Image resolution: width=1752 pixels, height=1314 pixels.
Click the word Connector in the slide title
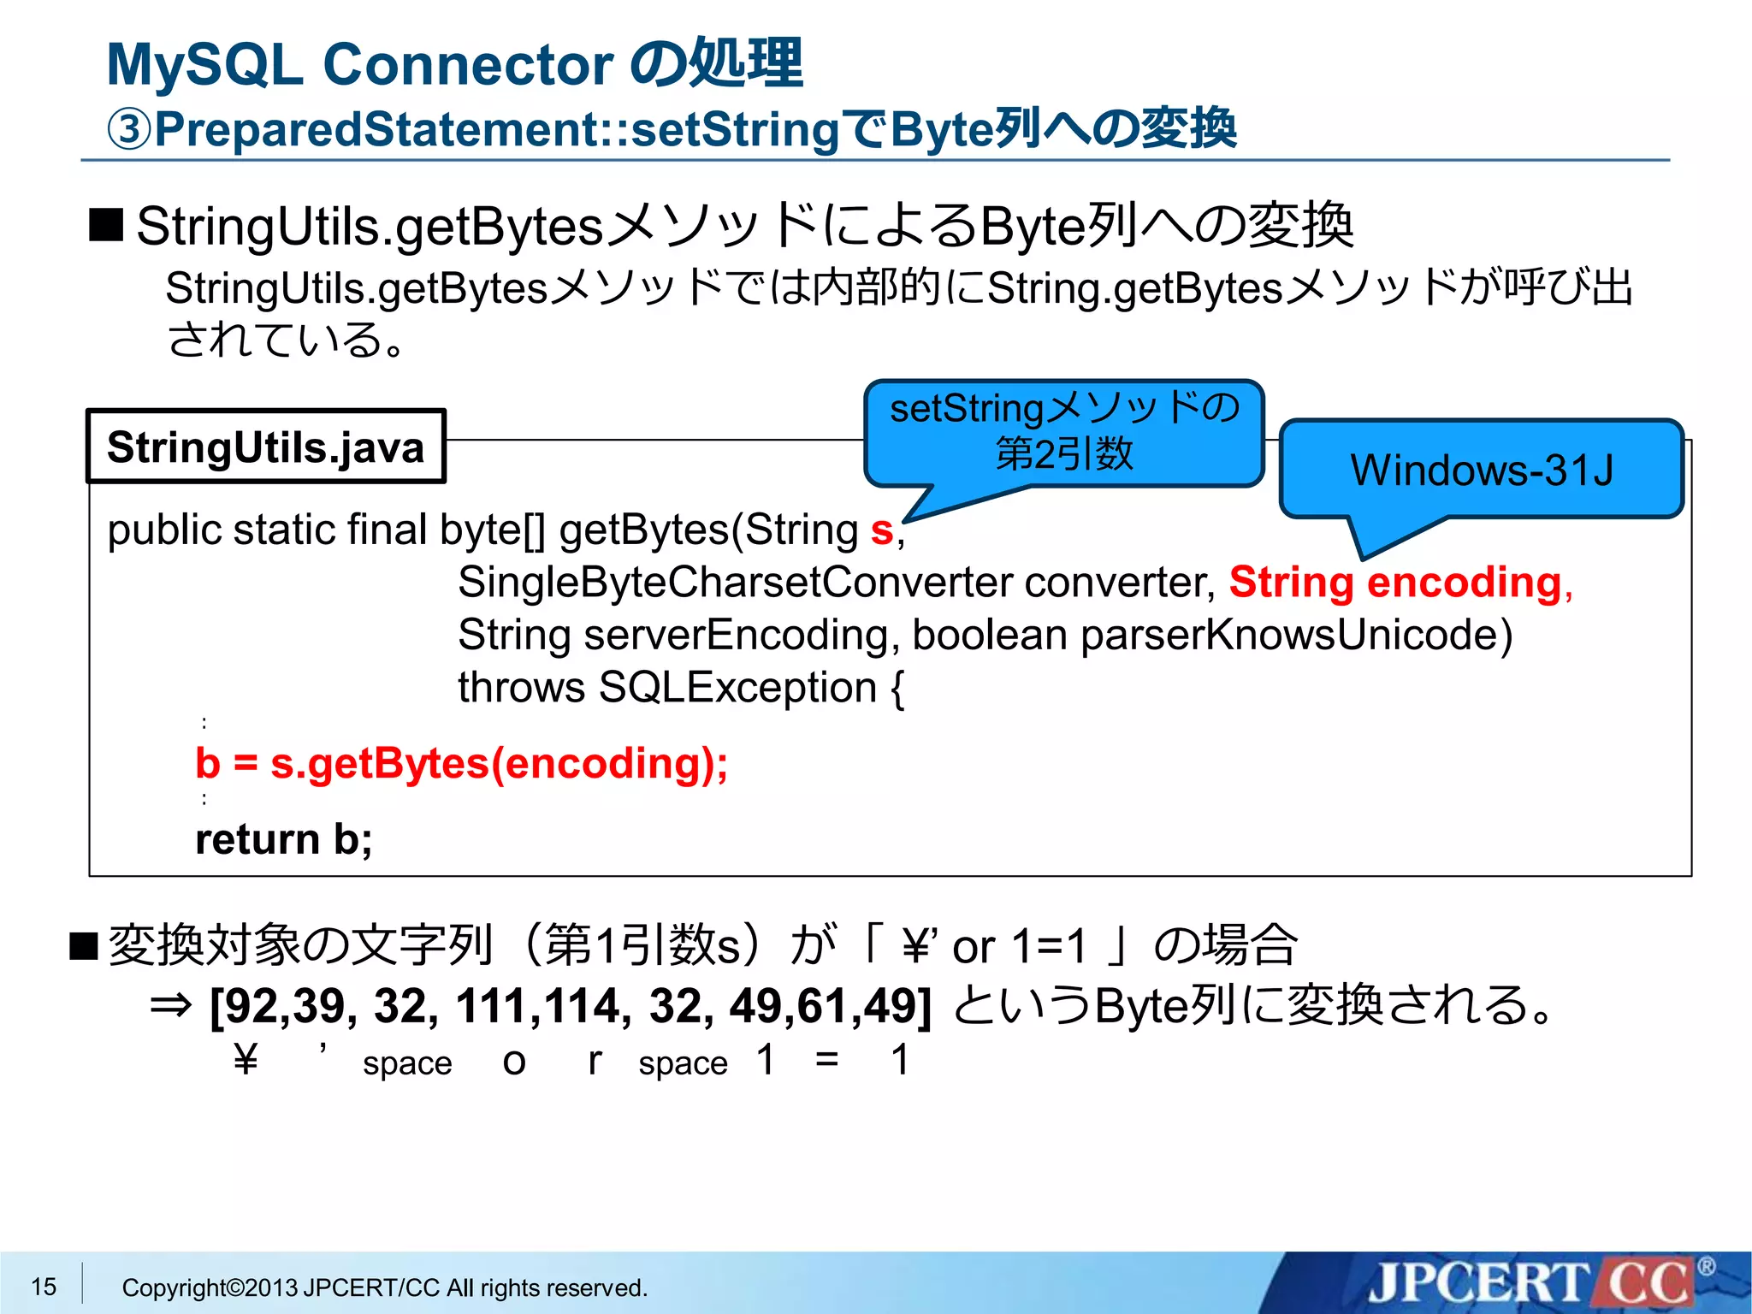tap(468, 65)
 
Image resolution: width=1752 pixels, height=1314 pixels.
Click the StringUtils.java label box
tap(265, 447)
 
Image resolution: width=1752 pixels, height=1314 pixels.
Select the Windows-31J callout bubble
tap(1481, 470)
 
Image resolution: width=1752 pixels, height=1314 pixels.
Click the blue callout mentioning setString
tap(1063, 432)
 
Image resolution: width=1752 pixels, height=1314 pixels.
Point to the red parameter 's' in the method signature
tap(882, 530)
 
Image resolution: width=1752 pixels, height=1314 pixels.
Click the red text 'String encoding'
tap(1395, 583)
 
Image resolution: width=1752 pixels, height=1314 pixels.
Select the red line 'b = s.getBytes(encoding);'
tap(461, 763)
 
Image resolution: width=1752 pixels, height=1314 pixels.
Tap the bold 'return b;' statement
tap(283, 839)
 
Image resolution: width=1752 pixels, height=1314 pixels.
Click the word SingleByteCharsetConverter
tap(735, 583)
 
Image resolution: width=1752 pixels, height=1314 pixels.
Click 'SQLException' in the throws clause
tap(737, 688)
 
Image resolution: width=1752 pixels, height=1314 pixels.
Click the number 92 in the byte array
tap(246, 1006)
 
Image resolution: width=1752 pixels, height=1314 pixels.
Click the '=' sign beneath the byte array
tap(826, 1059)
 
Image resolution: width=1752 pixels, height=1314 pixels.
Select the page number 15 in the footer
tap(44, 1286)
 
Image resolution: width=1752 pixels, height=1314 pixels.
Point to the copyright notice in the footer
tap(384, 1287)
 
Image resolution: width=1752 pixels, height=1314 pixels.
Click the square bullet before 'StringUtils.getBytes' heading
tap(106, 225)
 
